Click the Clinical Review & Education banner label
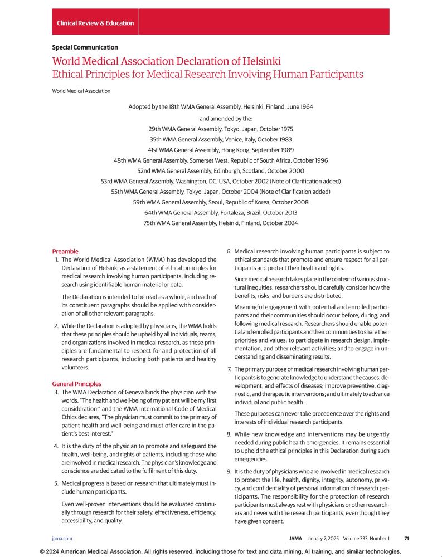95,23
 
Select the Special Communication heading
85,47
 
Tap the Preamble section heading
65,251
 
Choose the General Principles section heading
77,384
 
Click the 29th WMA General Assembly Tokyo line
221,129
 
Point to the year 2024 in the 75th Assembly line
289,223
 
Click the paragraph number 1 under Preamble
56,260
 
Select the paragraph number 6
229,252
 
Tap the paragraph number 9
229,472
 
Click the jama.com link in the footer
62,539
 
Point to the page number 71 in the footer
407,539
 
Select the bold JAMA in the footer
296,539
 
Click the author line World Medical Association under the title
81,91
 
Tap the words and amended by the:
221,118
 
